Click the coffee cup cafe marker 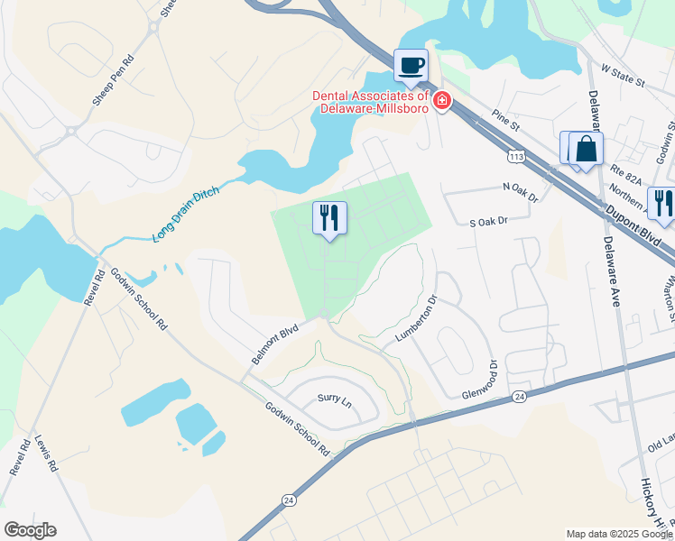tap(411, 66)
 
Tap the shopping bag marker tap(586, 149)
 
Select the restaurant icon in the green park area tap(328, 218)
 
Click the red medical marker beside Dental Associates tap(442, 100)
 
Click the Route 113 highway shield tap(516, 157)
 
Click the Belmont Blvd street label tap(274, 345)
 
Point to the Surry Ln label tap(332, 398)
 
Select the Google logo tap(30, 530)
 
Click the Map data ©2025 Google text tap(618, 534)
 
